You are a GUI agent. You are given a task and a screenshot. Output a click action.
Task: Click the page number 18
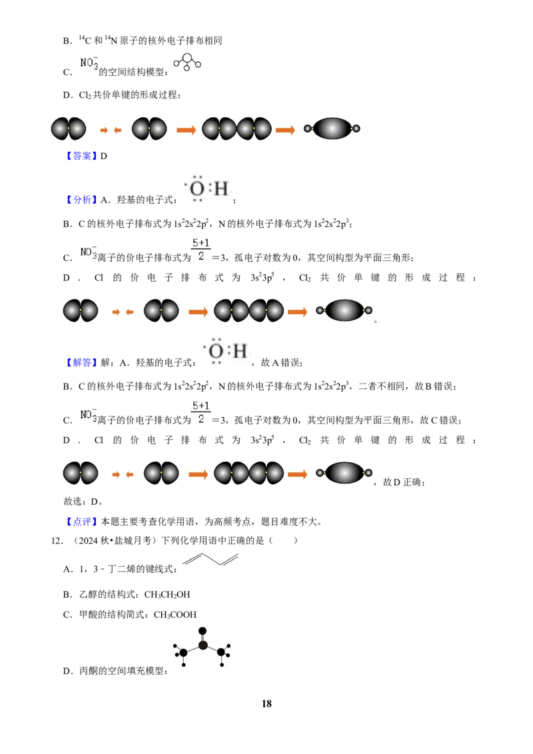point(266,703)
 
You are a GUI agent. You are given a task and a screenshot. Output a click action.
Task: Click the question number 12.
point(57,540)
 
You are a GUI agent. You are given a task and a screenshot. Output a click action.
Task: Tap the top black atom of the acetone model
point(203,631)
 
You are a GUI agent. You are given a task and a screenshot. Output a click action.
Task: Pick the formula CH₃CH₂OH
point(167,595)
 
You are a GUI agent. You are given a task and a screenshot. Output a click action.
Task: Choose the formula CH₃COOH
point(175,615)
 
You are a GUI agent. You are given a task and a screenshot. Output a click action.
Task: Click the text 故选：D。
point(83,502)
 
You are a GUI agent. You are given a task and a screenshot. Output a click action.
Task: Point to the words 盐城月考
point(133,540)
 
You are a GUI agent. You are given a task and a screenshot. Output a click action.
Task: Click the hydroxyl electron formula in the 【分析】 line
point(209,188)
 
